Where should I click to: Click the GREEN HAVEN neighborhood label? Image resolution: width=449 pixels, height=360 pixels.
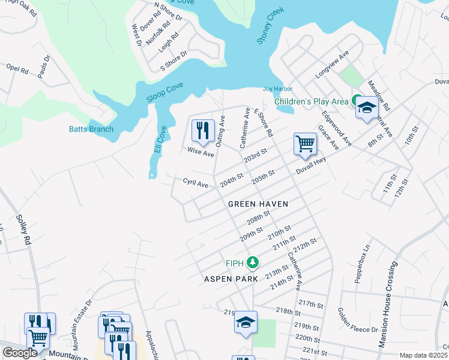[258, 204]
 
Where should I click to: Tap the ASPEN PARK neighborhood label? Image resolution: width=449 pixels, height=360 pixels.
[231, 279]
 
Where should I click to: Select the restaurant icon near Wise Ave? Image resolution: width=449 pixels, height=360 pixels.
[203, 131]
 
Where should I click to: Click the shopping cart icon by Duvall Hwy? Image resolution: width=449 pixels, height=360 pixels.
[305, 145]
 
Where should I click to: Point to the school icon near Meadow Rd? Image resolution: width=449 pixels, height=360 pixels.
[366, 108]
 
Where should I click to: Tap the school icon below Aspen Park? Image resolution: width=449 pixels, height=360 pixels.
[246, 322]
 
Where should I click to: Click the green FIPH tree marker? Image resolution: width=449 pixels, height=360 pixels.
[253, 263]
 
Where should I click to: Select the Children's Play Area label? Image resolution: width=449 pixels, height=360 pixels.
[311, 101]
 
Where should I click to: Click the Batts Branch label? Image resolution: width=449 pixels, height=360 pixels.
[91, 129]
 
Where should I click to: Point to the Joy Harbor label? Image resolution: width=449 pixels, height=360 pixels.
[277, 89]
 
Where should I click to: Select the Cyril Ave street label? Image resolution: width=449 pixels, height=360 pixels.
[196, 182]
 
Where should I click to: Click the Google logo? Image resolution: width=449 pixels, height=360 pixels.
[20, 353]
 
